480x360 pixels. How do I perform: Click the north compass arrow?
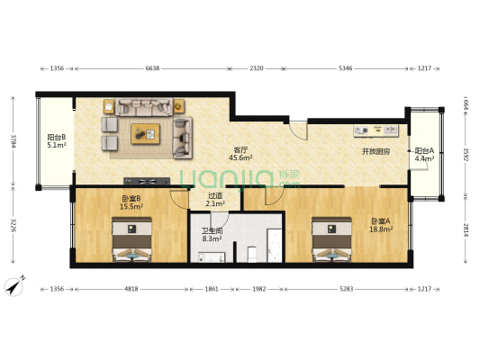point(14,287)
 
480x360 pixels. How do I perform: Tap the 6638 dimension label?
point(152,68)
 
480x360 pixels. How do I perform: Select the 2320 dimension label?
point(257,68)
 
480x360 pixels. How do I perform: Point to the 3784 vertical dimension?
point(13,141)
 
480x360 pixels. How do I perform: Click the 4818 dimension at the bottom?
point(131,289)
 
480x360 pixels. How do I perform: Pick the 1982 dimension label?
point(258,289)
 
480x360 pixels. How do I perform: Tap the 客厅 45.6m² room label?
point(240,154)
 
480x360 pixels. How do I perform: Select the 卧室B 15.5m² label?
point(131,202)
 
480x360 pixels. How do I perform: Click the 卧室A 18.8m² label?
point(381,225)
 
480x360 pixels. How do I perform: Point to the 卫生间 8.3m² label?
point(212,235)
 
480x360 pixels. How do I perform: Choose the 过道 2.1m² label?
point(215,200)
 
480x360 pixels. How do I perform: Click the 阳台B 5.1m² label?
point(57,141)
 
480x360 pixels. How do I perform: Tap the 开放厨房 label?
point(376,151)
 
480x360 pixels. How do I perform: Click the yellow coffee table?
point(145,134)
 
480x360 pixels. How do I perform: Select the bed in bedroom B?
point(132,239)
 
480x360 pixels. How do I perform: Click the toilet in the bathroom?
point(252,255)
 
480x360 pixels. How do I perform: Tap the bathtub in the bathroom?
point(275,246)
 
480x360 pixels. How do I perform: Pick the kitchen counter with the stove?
point(376,130)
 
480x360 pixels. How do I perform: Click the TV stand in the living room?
point(147,181)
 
